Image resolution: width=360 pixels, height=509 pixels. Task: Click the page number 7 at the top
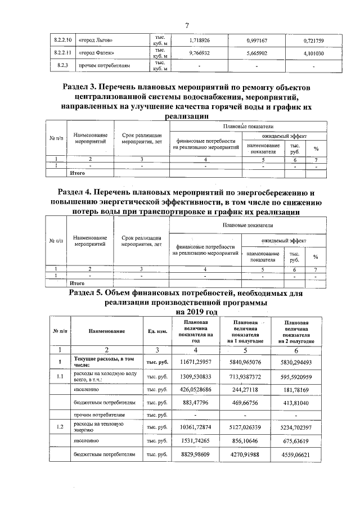coord(186,25)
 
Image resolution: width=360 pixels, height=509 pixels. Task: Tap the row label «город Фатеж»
coord(96,53)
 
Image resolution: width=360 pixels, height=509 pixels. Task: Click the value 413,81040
coord(301,403)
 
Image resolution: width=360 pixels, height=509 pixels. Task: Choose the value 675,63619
coord(301,442)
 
